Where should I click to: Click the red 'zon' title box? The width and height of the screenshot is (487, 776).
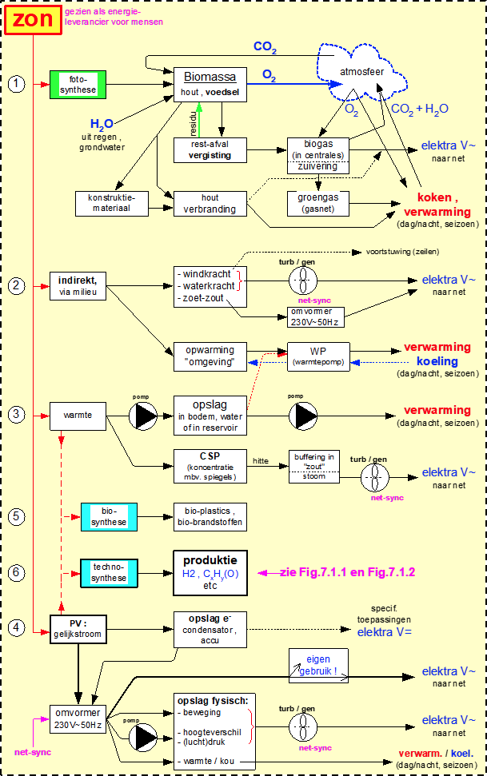coord(33,20)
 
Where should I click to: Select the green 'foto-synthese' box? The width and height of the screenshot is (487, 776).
coord(78,84)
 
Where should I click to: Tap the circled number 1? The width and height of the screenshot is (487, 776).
coord(17,84)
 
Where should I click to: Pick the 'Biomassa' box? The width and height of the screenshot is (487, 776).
coord(210,85)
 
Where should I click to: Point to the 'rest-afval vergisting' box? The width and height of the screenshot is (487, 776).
coord(210,149)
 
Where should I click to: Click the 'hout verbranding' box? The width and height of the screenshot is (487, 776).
coord(210,203)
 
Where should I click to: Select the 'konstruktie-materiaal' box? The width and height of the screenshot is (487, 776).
coord(113,203)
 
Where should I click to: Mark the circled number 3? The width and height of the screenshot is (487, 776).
coord(17,414)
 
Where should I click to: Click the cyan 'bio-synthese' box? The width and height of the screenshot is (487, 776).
coord(109,516)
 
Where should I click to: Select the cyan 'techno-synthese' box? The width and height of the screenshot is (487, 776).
coord(109,571)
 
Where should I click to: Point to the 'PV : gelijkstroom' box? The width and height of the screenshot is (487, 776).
coord(78,626)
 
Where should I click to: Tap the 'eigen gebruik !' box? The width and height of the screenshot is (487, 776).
coord(318,665)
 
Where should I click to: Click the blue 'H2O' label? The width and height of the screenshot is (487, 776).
coord(102,124)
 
